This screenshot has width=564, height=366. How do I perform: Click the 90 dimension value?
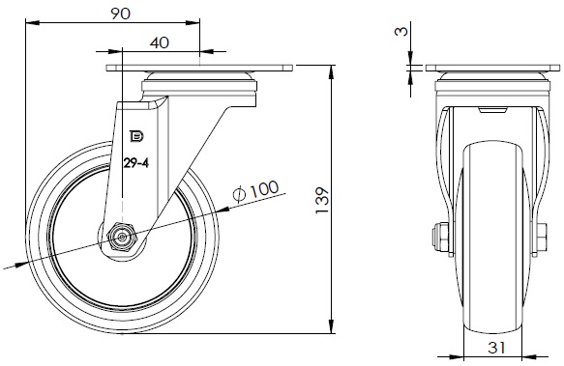pos(120,14)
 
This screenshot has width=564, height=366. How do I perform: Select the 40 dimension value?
pos(159,42)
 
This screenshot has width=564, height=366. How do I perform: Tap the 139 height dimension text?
pos(322,200)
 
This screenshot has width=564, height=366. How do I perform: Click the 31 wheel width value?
pos(496,348)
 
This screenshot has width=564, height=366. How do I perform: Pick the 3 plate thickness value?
pos(401,31)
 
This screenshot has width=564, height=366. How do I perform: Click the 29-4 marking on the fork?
pos(136,163)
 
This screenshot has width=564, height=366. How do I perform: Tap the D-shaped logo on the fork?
pos(136,136)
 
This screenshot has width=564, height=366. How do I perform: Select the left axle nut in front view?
pos(440,239)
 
